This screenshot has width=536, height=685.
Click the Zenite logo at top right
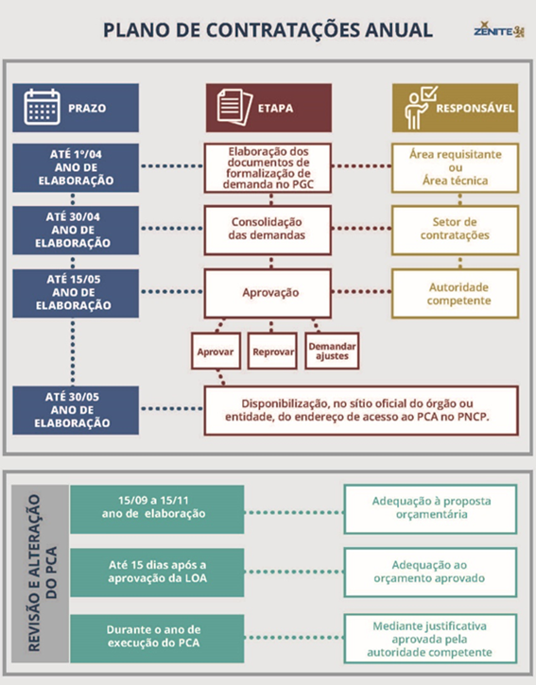[497, 30]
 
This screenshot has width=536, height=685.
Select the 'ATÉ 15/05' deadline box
[78, 292]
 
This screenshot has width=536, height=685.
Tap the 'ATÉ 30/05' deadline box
[78, 409]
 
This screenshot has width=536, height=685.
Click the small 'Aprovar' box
[215, 351]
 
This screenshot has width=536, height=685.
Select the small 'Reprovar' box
[273, 351]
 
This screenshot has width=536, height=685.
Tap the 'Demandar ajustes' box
[330, 351]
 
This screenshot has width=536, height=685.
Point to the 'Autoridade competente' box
[456, 293]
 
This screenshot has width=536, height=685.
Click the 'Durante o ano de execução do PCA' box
[157, 635]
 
